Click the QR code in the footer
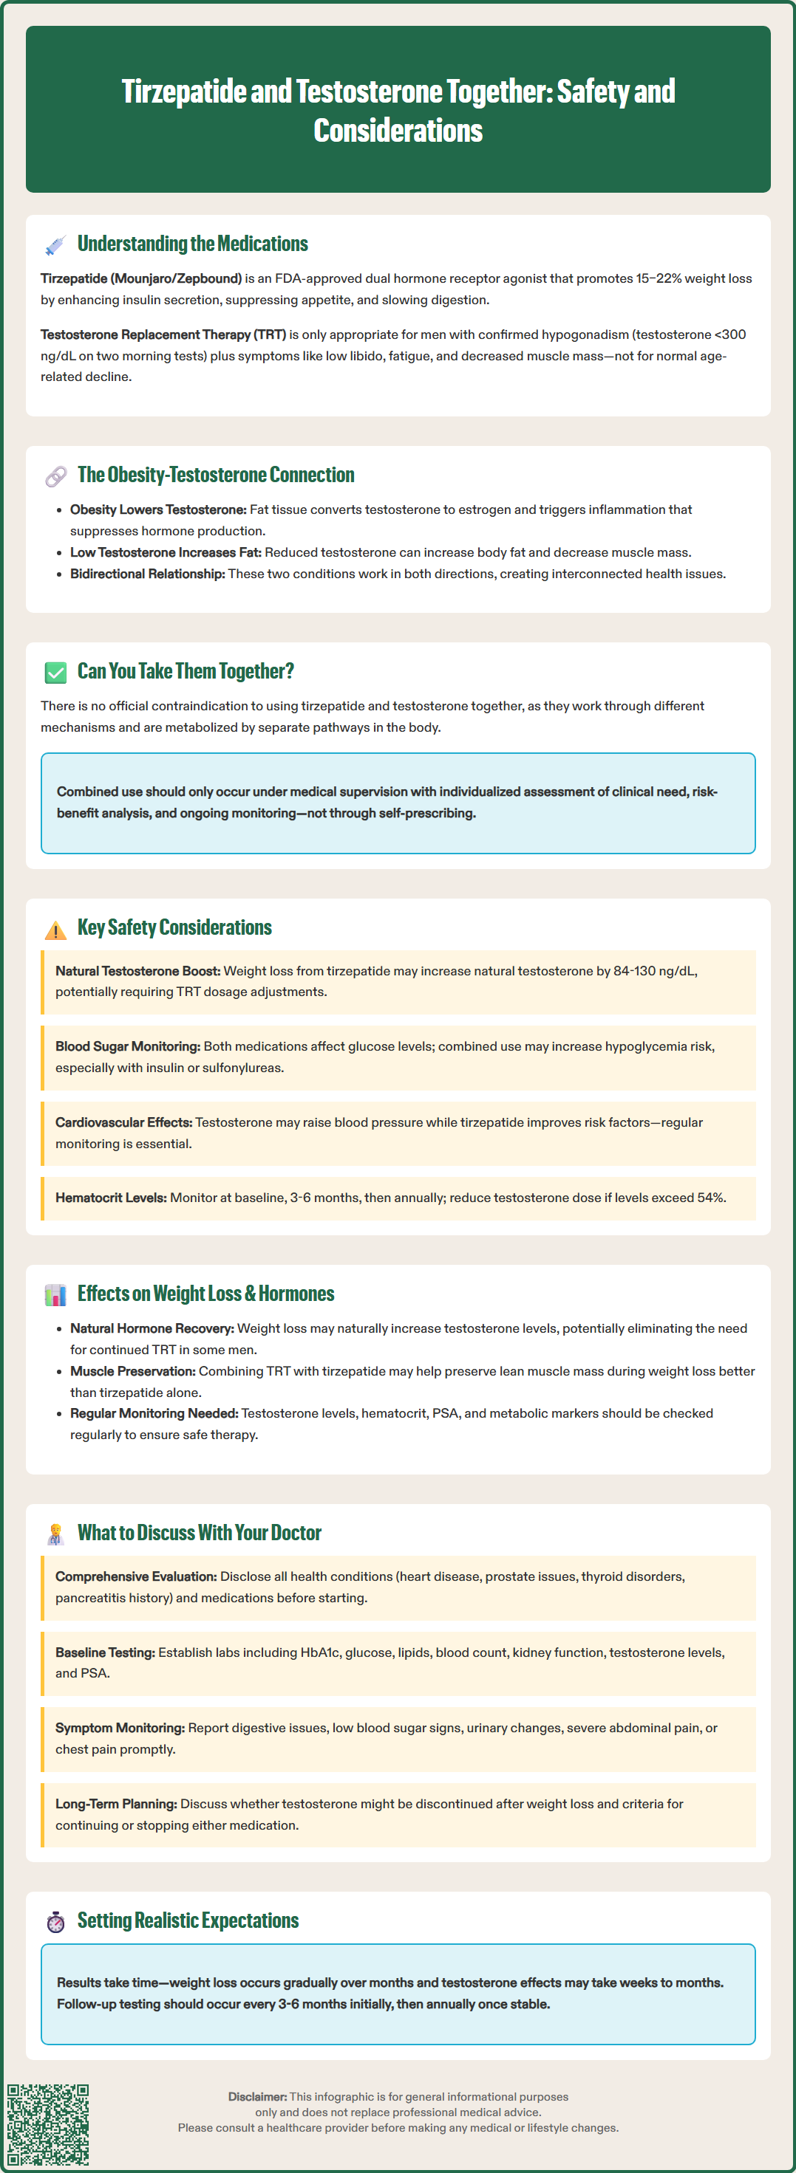point(48,2124)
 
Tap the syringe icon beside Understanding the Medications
point(55,244)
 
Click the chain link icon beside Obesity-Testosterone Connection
point(55,476)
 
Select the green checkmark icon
point(55,673)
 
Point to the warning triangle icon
point(55,930)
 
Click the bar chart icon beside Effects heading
point(55,1295)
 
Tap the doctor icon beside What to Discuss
point(55,1534)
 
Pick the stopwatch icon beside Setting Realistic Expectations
point(55,1922)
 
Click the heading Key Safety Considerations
point(174,928)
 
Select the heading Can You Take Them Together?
point(186,671)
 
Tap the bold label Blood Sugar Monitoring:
point(127,1047)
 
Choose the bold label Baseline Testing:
point(105,1652)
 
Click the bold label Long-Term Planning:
point(115,1804)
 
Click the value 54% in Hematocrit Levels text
point(711,1198)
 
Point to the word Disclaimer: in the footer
point(257,2097)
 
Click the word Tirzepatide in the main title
point(184,91)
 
